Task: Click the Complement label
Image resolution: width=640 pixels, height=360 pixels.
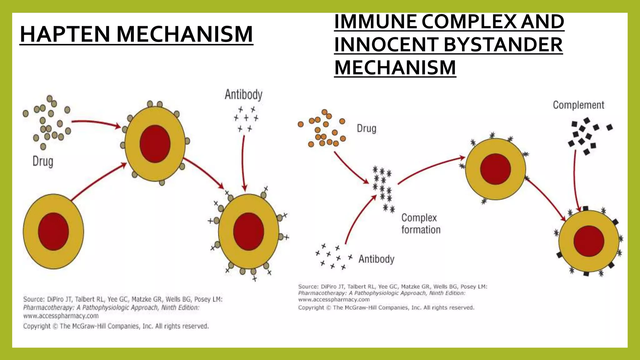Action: click(x=578, y=105)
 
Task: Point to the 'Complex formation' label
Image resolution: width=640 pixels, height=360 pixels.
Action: click(x=421, y=224)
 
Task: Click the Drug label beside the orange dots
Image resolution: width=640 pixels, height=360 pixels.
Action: click(x=367, y=128)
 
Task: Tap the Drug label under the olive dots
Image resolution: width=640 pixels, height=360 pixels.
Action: click(x=43, y=162)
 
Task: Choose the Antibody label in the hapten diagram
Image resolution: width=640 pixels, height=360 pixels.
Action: click(x=243, y=94)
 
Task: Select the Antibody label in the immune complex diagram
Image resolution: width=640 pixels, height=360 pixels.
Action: click(x=376, y=259)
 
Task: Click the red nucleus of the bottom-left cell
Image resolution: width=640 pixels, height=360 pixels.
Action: click(x=53, y=232)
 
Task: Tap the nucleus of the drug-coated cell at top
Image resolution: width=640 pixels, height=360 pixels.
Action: click(x=155, y=144)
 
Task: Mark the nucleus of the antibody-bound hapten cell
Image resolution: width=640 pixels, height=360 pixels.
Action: click(x=248, y=232)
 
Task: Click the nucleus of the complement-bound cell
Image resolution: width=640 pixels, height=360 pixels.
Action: click(x=589, y=241)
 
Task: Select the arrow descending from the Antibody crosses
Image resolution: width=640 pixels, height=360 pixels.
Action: click(x=243, y=162)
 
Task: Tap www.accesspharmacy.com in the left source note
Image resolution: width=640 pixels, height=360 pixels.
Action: click(x=61, y=316)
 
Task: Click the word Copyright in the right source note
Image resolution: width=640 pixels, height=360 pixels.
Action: click(x=311, y=307)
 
